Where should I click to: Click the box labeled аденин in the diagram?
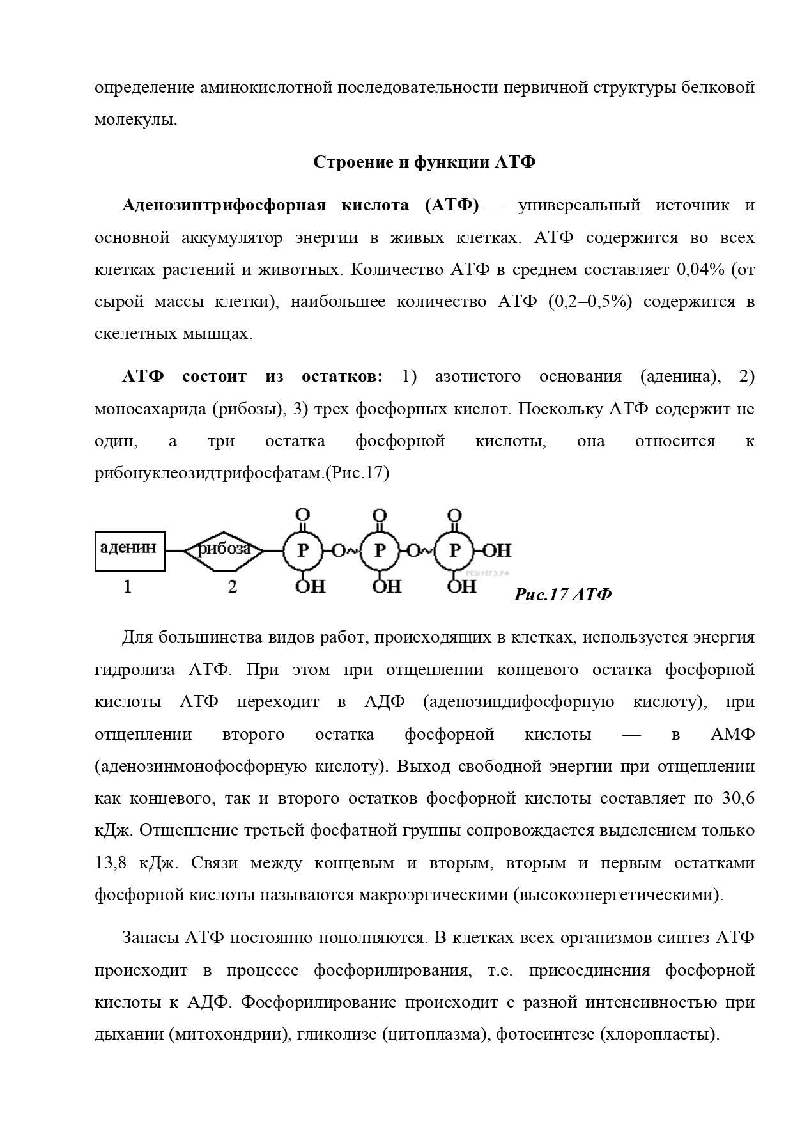pos(130,550)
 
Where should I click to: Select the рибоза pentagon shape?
pos(224,550)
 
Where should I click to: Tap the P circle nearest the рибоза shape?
pos(304,550)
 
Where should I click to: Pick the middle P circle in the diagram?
pos(380,550)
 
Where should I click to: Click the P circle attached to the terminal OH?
pos(454,550)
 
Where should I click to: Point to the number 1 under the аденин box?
pos(128,586)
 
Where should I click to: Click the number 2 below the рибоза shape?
pos(232,586)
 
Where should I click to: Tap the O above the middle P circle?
pos(380,515)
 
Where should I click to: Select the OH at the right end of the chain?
pos(497,550)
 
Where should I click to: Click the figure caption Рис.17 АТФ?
pos(562,595)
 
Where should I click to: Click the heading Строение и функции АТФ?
pos(424,162)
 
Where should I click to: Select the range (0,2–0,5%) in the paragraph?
pos(589,301)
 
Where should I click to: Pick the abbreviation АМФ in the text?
pos(732,734)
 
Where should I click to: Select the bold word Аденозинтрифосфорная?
pos(224,205)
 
